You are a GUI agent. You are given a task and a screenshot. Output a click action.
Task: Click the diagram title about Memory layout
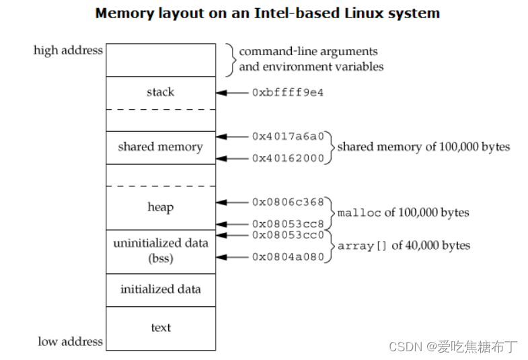pos(268,13)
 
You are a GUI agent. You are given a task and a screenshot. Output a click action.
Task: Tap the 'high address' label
pos(68,50)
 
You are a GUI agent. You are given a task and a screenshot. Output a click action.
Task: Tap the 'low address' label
pos(71,341)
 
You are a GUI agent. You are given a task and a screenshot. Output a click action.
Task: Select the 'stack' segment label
pos(160,92)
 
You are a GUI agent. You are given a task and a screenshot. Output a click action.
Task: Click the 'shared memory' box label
pos(160,147)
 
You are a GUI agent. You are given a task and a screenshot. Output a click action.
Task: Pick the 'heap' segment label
pos(160,207)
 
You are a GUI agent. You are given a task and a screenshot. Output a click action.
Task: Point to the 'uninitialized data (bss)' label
pos(160,250)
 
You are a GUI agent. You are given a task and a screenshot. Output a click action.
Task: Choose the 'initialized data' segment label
pos(160,289)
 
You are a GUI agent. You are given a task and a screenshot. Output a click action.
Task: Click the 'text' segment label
pos(161,328)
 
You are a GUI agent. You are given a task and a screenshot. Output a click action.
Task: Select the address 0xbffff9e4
pos(287,93)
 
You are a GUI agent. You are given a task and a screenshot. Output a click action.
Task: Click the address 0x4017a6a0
pos(287,136)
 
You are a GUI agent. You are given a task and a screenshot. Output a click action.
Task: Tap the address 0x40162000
pos(287,159)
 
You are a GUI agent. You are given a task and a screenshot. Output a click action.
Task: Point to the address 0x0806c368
pos(287,202)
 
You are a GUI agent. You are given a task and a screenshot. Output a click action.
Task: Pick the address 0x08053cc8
pos(287,223)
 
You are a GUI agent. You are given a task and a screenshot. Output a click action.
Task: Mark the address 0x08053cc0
pos(287,235)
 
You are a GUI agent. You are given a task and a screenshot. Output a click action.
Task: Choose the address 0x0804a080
pos(287,257)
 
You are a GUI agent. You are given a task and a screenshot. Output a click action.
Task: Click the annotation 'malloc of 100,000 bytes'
pos(403,213)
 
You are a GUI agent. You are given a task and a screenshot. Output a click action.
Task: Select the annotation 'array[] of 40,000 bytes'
pos(403,246)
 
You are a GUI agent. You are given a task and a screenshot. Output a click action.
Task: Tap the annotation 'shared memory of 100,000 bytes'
pos(423,147)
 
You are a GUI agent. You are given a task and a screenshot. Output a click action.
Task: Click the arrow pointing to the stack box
pos(232,93)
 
